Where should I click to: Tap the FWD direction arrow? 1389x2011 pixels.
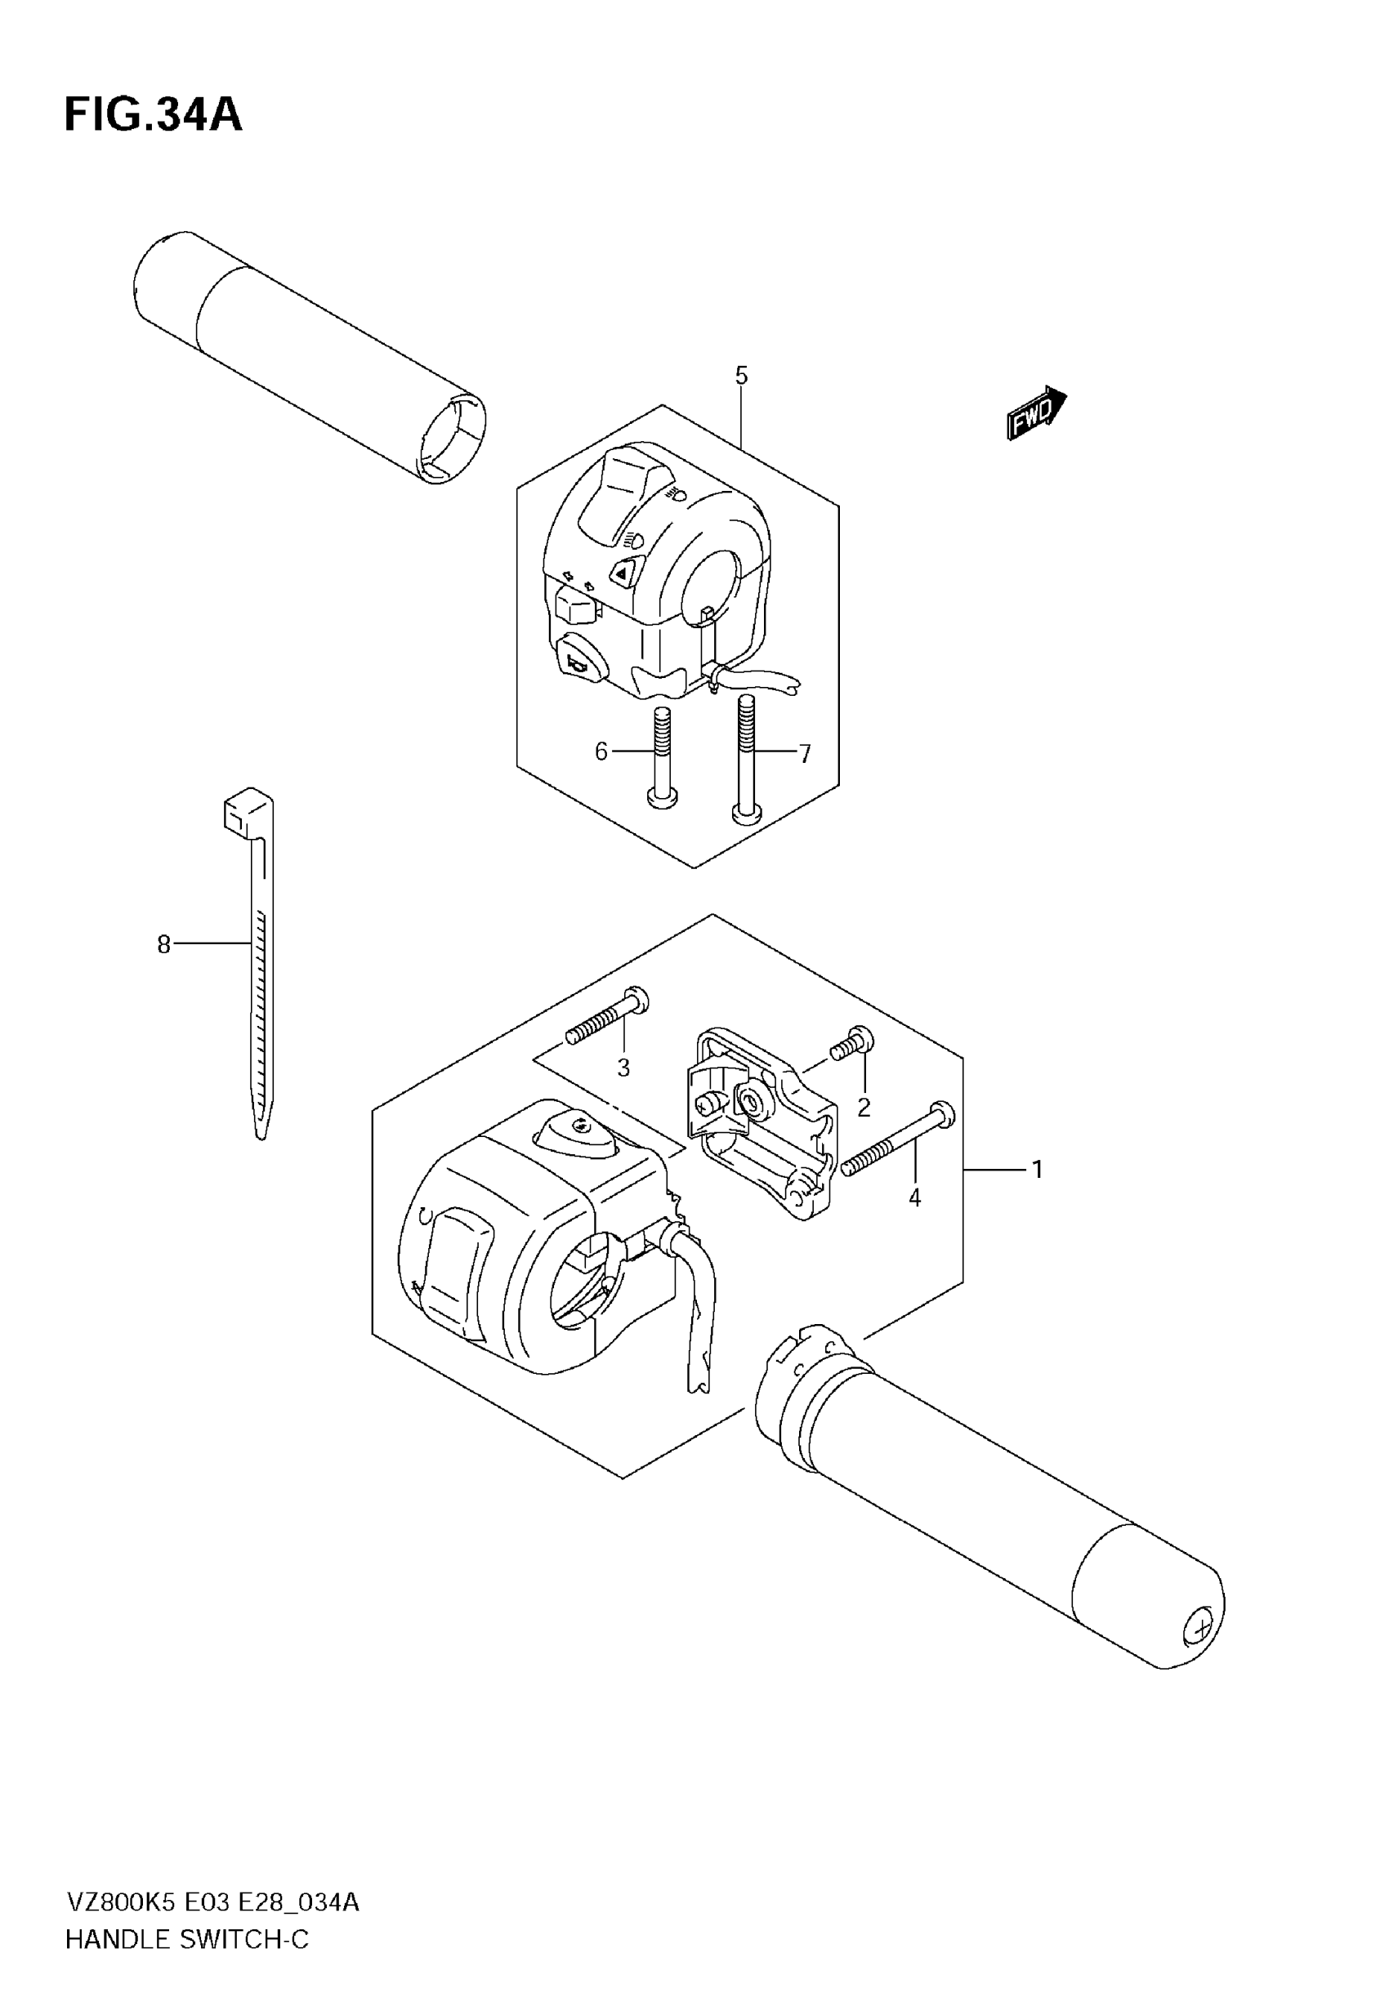1036,412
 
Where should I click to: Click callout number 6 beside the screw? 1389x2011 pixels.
601,751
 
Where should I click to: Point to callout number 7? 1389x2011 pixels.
805,753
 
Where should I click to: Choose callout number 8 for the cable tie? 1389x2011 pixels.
163,943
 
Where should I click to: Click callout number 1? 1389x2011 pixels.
1037,1169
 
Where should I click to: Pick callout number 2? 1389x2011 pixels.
864,1108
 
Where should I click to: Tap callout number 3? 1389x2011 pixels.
623,1068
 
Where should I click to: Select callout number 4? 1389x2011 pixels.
914,1197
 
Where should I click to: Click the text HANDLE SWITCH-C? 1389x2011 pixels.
187,1939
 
